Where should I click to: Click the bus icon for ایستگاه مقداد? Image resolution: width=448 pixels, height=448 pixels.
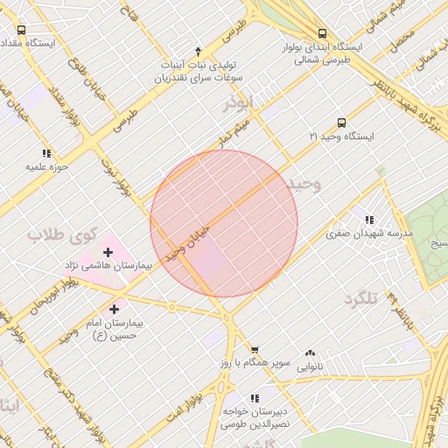pyautogui.click(x=21, y=30)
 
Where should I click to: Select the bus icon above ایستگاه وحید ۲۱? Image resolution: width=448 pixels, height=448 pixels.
pyautogui.click(x=341, y=123)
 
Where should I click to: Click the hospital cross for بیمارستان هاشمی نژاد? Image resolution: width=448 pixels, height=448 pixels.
pyautogui.click(x=108, y=252)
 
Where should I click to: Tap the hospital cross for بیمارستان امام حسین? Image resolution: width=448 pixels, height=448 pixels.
pyautogui.click(x=115, y=309)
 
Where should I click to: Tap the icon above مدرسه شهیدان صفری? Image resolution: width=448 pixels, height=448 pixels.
pyautogui.click(x=369, y=220)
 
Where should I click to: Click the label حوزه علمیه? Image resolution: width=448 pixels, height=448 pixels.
pyautogui.click(x=47, y=165)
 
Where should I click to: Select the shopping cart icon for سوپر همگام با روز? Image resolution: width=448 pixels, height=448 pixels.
pyautogui.click(x=254, y=349)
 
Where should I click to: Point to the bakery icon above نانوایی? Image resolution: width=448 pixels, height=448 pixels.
pyautogui.click(x=310, y=353)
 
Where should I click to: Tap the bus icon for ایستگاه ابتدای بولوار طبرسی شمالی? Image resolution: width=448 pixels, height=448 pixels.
pyautogui.click(x=323, y=31)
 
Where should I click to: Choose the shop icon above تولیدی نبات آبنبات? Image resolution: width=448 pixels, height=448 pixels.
pyautogui.click(x=198, y=52)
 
